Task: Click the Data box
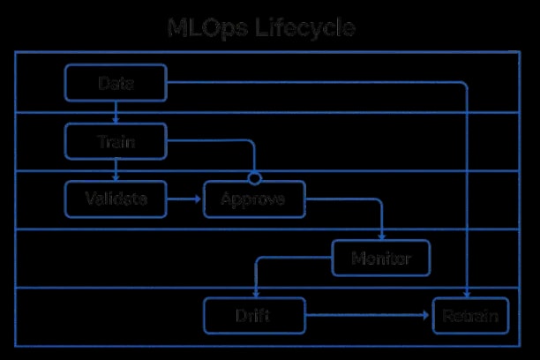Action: [x=116, y=83]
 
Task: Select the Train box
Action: [x=116, y=141]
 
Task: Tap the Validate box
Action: [x=116, y=199]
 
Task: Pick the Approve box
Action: [x=254, y=199]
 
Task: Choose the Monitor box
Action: [x=382, y=259]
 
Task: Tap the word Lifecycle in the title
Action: [x=304, y=28]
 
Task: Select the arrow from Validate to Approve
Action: [x=185, y=199]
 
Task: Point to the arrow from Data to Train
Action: [x=116, y=112]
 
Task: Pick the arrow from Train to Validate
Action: [x=116, y=170]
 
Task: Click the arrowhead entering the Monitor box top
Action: [x=382, y=237]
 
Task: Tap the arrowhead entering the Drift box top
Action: [x=254, y=296]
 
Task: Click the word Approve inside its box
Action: [x=254, y=199]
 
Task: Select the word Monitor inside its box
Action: [x=382, y=259]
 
